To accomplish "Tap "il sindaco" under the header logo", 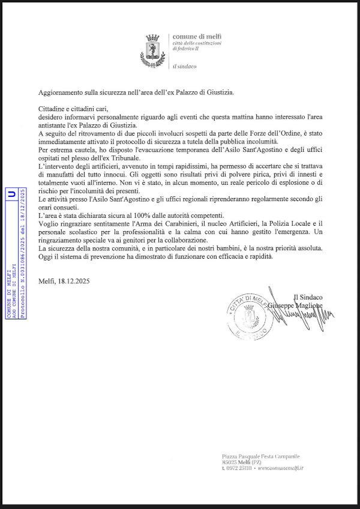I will pos(184,67).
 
